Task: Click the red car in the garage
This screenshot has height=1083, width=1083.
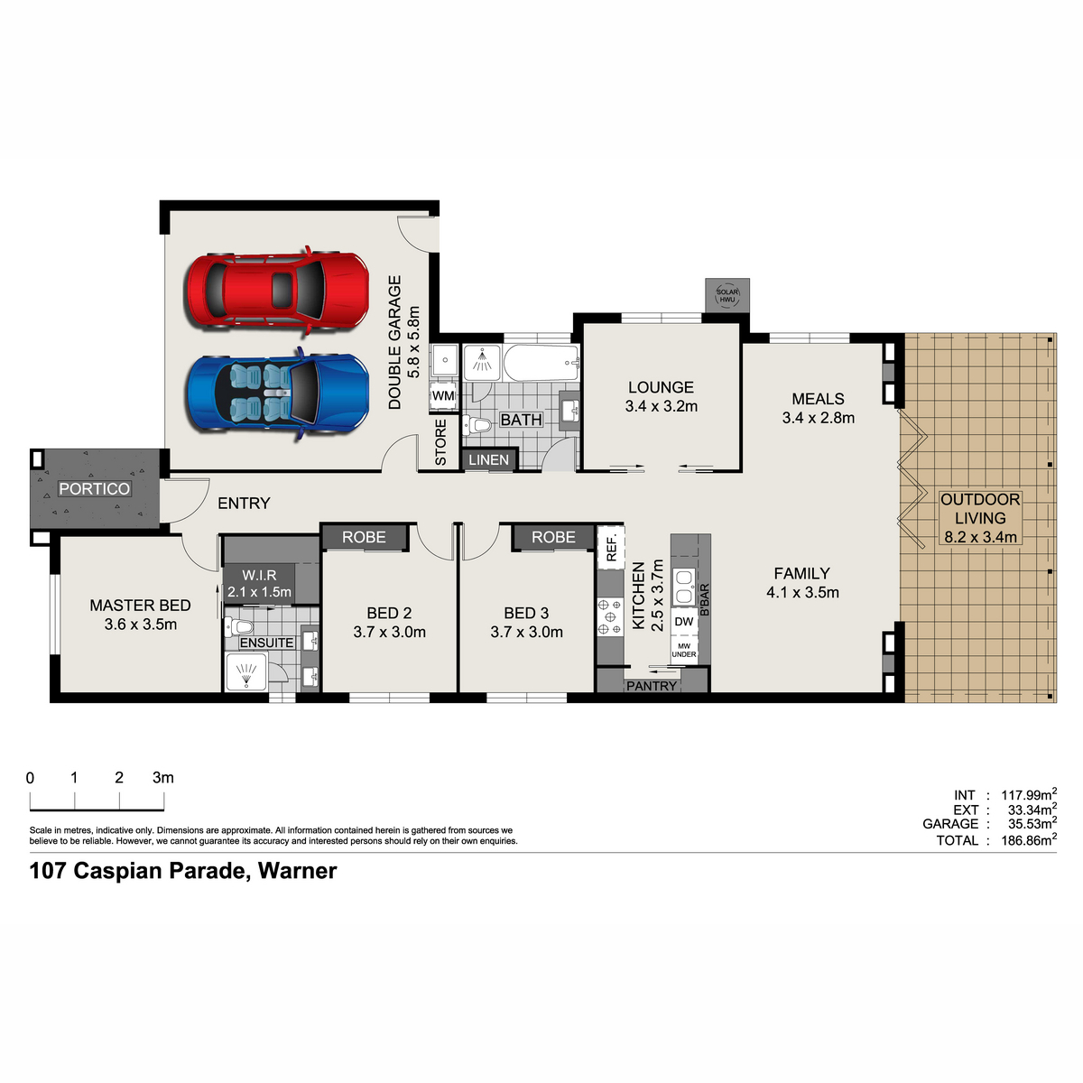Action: pos(278,292)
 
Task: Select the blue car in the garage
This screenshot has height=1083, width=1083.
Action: pos(278,393)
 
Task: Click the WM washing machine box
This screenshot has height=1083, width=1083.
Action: pos(443,395)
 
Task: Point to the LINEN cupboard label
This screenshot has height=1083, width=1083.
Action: pos(488,459)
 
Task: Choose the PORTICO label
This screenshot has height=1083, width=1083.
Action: pos(95,489)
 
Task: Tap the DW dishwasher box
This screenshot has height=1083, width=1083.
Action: pos(684,622)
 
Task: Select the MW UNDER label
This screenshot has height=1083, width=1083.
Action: pos(684,650)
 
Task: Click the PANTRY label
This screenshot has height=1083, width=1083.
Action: pos(652,686)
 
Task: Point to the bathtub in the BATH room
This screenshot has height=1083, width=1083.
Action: pos(541,363)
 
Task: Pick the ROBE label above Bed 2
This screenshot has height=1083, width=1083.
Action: pos(364,537)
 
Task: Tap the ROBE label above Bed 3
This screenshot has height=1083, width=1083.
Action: pos(553,537)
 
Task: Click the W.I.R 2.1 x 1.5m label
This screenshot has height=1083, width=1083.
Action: pos(259,583)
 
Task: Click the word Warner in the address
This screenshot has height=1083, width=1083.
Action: pos(297,871)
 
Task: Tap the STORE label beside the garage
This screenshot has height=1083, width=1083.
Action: pos(440,442)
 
